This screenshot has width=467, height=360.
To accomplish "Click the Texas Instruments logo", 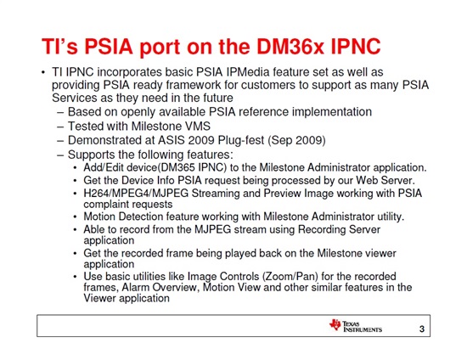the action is click(x=355, y=326).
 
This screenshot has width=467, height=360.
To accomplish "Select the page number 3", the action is click(x=422, y=329).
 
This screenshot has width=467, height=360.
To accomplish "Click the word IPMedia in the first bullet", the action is click(x=248, y=72).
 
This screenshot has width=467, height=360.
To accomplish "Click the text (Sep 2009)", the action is click(x=296, y=141).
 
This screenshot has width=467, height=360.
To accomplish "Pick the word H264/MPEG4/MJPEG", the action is click(x=136, y=194).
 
